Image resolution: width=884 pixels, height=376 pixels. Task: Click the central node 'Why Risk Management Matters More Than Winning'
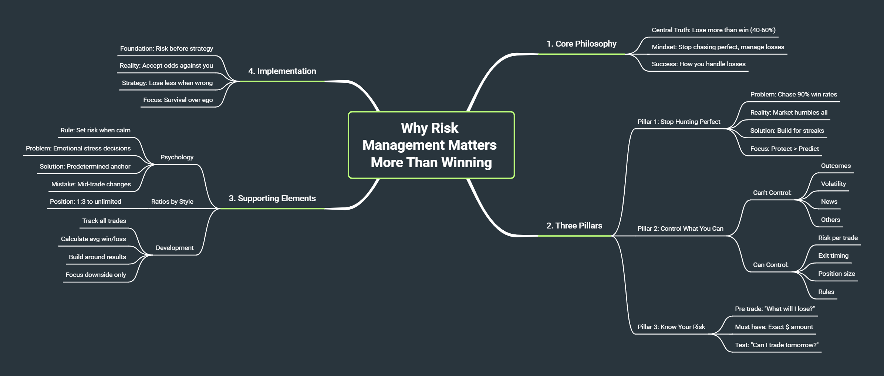point(431,145)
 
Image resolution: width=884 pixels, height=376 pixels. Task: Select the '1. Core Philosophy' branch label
point(581,44)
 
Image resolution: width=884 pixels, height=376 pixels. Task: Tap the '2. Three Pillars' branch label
point(574,226)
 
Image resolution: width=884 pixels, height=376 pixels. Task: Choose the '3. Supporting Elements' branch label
point(272,199)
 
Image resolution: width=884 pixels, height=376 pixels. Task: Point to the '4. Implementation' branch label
point(282,71)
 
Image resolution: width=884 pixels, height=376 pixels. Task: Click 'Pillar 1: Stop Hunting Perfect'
point(679,122)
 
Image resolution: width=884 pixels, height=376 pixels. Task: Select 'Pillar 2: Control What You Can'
point(680,229)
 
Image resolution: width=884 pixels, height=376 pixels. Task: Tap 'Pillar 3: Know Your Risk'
point(671,327)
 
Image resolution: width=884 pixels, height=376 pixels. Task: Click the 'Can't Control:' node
point(772,193)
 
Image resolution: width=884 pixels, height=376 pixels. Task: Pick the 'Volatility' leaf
point(833,184)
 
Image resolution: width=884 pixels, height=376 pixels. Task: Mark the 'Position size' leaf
point(836,274)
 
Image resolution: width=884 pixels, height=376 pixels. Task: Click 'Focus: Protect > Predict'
point(784,149)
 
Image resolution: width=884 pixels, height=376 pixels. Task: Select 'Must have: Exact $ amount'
point(774,327)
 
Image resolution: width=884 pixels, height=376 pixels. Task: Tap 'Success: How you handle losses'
point(698,64)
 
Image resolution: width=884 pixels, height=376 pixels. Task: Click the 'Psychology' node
point(177,157)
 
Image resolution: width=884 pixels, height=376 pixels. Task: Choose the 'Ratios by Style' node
point(172,202)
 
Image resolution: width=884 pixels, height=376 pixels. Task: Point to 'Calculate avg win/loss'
point(93,239)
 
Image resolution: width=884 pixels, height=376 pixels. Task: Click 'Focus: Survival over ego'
point(178,100)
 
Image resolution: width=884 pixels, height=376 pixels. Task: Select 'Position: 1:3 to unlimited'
point(85,202)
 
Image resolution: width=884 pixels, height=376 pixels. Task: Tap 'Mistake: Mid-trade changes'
point(91,184)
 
